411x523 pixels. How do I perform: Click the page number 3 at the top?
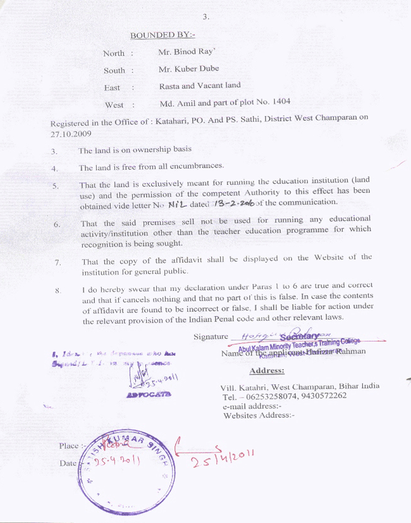click(x=205, y=17)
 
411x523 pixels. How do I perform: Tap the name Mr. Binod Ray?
click(x=187, y=53)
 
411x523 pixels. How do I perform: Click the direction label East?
click(x=112, y=87)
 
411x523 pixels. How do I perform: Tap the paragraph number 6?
click(x=56, y=224)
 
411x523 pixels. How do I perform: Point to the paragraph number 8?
click(x=58, y=290)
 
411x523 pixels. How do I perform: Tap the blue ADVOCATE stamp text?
click(x=149, y=395)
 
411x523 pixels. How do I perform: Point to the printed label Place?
click(x=68, y=446)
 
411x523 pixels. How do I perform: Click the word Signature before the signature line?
click(x=211, y=337)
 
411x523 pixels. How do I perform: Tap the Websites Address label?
click(x=259, y=415)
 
